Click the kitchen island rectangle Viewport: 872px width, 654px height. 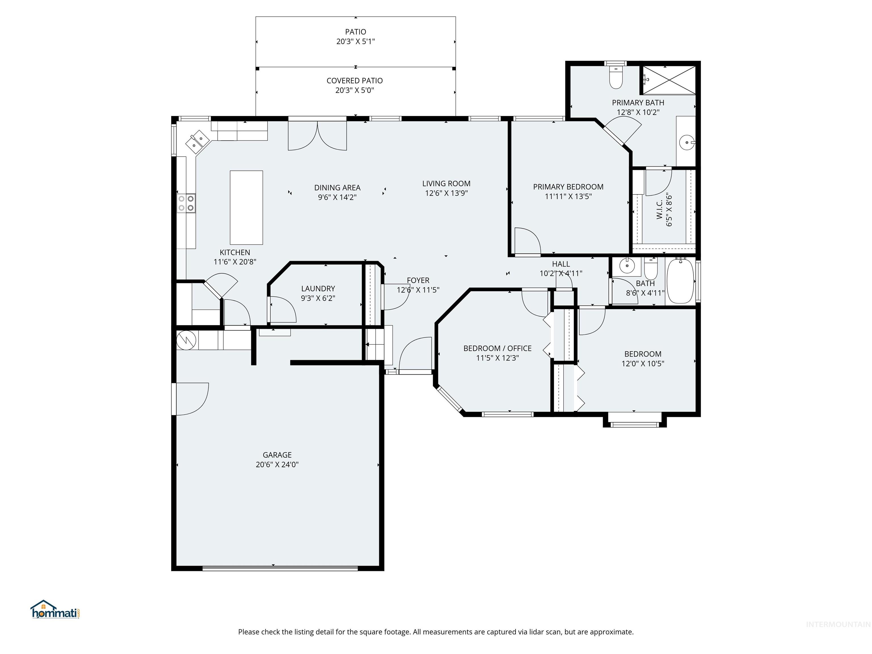(x=246, y=207)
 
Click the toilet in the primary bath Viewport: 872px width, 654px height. (x=615, y=78)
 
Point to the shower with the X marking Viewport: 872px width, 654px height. (x=669, y=80)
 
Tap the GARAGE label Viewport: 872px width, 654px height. (x=277, y=454)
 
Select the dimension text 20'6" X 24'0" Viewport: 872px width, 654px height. (x=277, y=464)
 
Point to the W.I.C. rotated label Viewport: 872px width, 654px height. (x=659, y=209)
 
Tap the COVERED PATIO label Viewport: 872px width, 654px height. (x=355, y=80)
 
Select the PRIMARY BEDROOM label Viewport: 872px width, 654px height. (x=568, y=187)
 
